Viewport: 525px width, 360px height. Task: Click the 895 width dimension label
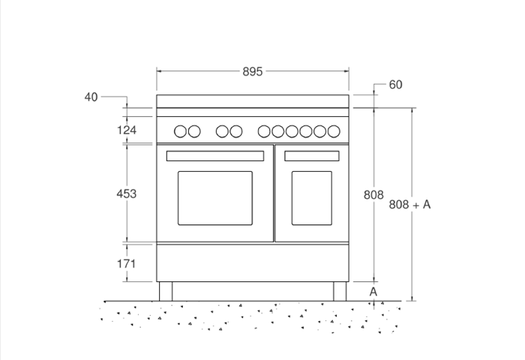point(253,72)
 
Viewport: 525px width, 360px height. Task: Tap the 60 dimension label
point(395,85)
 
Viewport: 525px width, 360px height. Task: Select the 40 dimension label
point(91,97)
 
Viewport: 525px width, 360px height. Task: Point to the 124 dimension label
point(127,131)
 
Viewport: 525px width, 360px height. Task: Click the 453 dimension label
point(127,193)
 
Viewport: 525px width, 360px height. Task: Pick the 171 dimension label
point(127,263)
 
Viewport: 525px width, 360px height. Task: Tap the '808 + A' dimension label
point(409,204)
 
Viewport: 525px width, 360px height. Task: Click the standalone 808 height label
point(373,195)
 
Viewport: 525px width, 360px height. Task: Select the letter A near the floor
point(373,291)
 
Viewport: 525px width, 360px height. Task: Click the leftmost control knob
point(181,131)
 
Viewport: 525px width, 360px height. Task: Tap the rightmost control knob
point(333,131)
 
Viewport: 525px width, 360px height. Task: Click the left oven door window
point(215,198)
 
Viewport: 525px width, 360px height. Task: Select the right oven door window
point(311,198)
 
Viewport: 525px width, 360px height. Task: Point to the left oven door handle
point(215,156)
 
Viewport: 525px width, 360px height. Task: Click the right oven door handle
point(311,156)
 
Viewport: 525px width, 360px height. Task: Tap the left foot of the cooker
point(166,291)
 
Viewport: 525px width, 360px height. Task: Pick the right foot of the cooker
point(340,291)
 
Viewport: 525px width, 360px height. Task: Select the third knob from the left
point(222,131)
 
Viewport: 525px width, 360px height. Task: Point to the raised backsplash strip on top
point(253,101)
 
